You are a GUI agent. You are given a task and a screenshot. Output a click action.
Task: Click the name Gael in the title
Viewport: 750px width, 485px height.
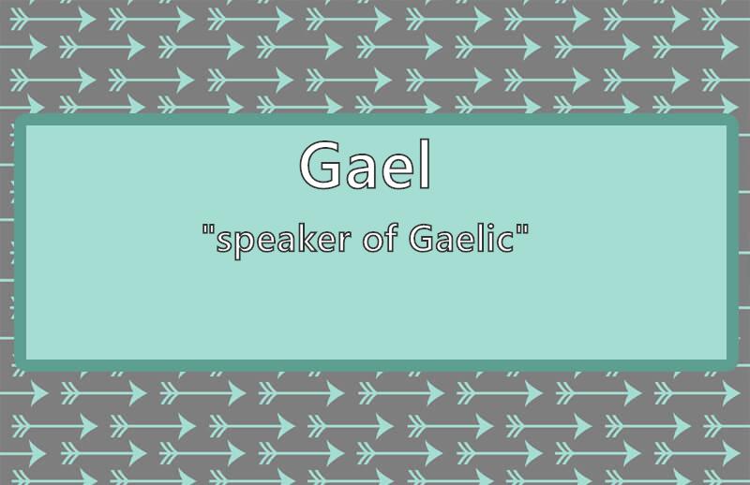click(x=366, y=165)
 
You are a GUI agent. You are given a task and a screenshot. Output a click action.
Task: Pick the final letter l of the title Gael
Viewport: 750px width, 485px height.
click(x=426, y=165)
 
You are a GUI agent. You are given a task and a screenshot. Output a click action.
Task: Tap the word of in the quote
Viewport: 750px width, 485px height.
click(x=380, y=238)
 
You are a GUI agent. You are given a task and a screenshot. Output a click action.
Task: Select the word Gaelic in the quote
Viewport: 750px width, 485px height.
click(x=462, y=238)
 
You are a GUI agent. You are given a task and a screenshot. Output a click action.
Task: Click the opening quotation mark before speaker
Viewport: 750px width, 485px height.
click(x=208, y=229)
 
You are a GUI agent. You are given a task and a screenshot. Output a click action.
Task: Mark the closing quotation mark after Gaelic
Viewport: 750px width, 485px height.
click(x=523, y=229)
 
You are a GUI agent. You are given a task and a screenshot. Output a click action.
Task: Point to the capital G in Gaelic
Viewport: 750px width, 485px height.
click(x=423, y=239)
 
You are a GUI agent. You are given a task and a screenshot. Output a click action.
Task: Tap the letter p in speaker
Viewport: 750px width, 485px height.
click(x=243, y=244)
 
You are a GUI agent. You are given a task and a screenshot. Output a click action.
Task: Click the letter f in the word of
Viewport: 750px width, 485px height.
click(x=390, y=238)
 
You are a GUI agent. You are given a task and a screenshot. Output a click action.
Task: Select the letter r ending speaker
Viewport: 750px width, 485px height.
click(x=345, y=242)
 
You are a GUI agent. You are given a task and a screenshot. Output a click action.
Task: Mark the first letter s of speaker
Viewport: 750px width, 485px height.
click(x=223, y=242)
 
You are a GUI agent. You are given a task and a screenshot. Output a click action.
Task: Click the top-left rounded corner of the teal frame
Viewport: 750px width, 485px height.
click(x=19, y=119)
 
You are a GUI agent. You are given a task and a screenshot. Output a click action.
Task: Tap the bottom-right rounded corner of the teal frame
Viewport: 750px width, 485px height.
click(x=733, y=366)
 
